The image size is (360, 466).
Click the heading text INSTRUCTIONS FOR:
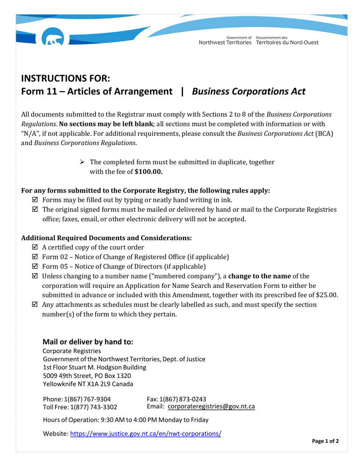tap(65, 78)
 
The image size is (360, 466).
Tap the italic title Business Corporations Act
tap(249, 92)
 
